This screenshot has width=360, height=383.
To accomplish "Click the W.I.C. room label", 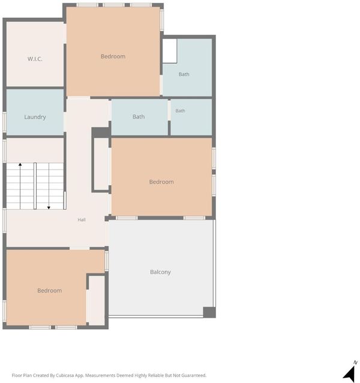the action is [x=35, y=59].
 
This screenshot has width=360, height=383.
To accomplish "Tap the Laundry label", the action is [x=35, y=117].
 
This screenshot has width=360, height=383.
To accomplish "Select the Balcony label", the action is [x=160, y=272].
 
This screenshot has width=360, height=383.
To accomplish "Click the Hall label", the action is [x=82, y=219].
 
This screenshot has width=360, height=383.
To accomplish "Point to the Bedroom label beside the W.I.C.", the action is [x=113, y=56].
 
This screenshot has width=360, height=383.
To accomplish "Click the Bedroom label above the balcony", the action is [x=161, y=182].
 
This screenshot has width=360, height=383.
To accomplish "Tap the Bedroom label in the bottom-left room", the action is [x=50, y=291].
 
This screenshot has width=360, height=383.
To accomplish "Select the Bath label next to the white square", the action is [x=184, y=74].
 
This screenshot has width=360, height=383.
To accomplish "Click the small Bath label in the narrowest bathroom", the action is [x=180, y=111].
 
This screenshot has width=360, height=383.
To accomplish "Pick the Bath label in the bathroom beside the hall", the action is [x=139, y=117].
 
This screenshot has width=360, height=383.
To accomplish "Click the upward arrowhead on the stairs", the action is [x=20, y=165].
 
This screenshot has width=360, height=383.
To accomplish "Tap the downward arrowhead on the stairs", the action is [x=49, y=207].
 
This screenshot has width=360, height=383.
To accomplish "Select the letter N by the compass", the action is [x=355, y=363].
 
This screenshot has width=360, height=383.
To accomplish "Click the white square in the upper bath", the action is [x=170, y=51].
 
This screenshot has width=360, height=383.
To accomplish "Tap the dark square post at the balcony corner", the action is [x=209, y=312].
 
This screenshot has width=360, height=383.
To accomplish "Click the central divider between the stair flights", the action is [x=35, y=186].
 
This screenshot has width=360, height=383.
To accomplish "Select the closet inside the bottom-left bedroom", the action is [x=97, y=300].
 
